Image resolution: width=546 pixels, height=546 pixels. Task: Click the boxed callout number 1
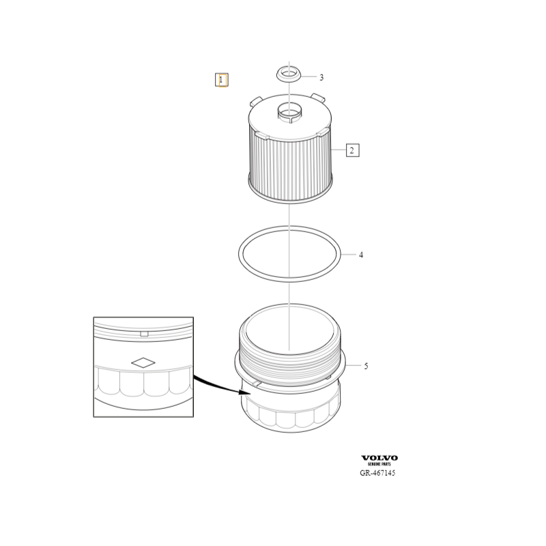tap(221, 80)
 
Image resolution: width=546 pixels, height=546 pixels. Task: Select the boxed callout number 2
tap(352, 150)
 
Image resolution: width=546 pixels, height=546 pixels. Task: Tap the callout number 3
tap(321, 77)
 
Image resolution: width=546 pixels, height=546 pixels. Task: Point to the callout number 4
tap(361, 255)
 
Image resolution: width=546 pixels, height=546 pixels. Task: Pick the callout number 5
tap(366, 366)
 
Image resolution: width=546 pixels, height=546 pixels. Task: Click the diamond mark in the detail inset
tap(143, 362)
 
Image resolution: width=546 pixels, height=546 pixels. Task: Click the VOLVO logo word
tap(379, 458)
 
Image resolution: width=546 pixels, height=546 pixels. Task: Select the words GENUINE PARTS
tap(379, 464)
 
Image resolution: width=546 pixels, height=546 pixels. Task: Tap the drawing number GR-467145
tap(377, 473)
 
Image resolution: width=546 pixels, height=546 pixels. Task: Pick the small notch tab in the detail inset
tap(144, 334)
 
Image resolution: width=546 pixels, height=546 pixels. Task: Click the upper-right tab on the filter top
tap(318, 98)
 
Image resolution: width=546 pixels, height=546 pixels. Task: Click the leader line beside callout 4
tap(348, 255)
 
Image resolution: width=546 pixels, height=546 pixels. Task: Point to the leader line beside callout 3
tap(309, 76)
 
